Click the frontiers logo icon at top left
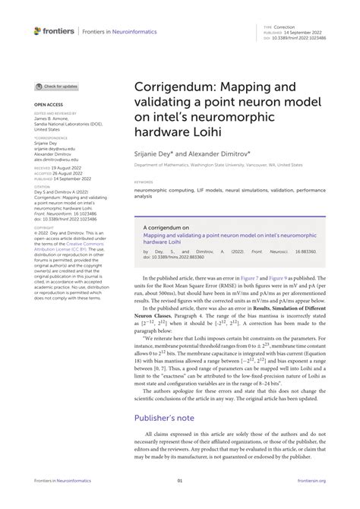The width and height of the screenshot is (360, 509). tap(38, 31)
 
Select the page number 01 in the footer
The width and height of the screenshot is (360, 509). tap(180, 481)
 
